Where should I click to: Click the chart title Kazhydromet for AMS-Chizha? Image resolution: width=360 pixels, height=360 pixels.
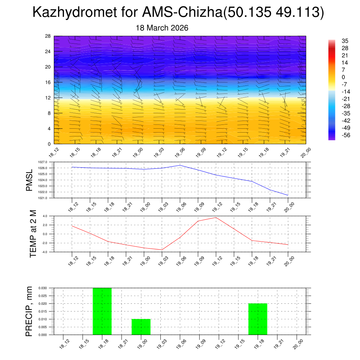(178, 13)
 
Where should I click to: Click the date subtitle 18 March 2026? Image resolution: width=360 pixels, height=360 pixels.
(162, 28)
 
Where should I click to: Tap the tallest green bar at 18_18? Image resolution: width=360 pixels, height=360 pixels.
(102, 311)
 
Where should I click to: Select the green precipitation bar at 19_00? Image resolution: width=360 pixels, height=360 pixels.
(141, 327)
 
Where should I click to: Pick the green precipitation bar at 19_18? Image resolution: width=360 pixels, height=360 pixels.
(258, 319)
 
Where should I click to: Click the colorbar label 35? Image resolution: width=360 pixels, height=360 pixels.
(335, 41)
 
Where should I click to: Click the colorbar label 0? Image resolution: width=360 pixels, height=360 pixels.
(333, 77)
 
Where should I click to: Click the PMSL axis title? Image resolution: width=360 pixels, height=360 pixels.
(29, 180)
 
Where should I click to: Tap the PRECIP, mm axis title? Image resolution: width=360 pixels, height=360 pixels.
(29, 311)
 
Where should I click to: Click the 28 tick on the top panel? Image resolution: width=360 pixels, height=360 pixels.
(48, 36)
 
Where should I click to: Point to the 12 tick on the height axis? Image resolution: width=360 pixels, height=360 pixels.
(48, 98)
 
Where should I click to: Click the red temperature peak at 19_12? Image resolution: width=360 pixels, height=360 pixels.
(216, 217)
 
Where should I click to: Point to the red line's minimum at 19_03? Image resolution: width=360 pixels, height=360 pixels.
(162, 250)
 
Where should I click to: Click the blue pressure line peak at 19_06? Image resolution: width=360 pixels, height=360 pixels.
(180, 165)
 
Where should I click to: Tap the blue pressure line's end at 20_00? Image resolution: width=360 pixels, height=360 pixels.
(288, 195)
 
